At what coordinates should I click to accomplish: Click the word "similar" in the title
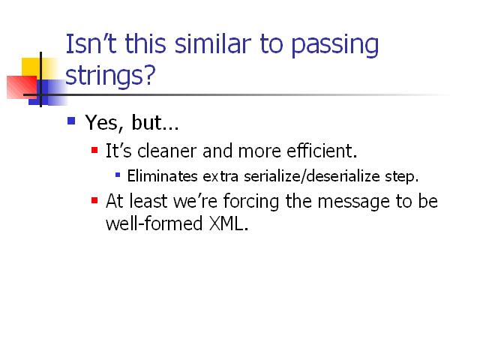click(x=213, y=43)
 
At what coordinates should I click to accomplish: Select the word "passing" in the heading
click(x=335, y=46)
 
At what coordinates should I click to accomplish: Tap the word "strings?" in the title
click(x=110, y=76)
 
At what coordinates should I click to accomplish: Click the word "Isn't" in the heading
click(x=91, y=43)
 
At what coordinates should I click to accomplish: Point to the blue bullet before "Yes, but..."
click(x=71, y=121)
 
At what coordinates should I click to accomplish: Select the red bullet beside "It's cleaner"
click(x=94, y=150)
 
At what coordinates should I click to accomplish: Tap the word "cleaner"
click(x=166, y=151)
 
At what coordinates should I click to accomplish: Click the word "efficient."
click(x=322, y=151)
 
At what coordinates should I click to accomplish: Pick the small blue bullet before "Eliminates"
click(x=118, y=175)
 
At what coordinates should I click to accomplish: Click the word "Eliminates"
click(x=162, y=176)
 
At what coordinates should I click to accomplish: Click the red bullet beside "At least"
click(x=94, y=200)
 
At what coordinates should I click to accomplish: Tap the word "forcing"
click(x=251, y=202)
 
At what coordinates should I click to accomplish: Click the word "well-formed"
click(x=154, y=223)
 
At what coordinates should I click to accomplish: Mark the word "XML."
click(x=228, y=223)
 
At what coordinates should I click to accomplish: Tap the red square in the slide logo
click(x=22, y=87)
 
